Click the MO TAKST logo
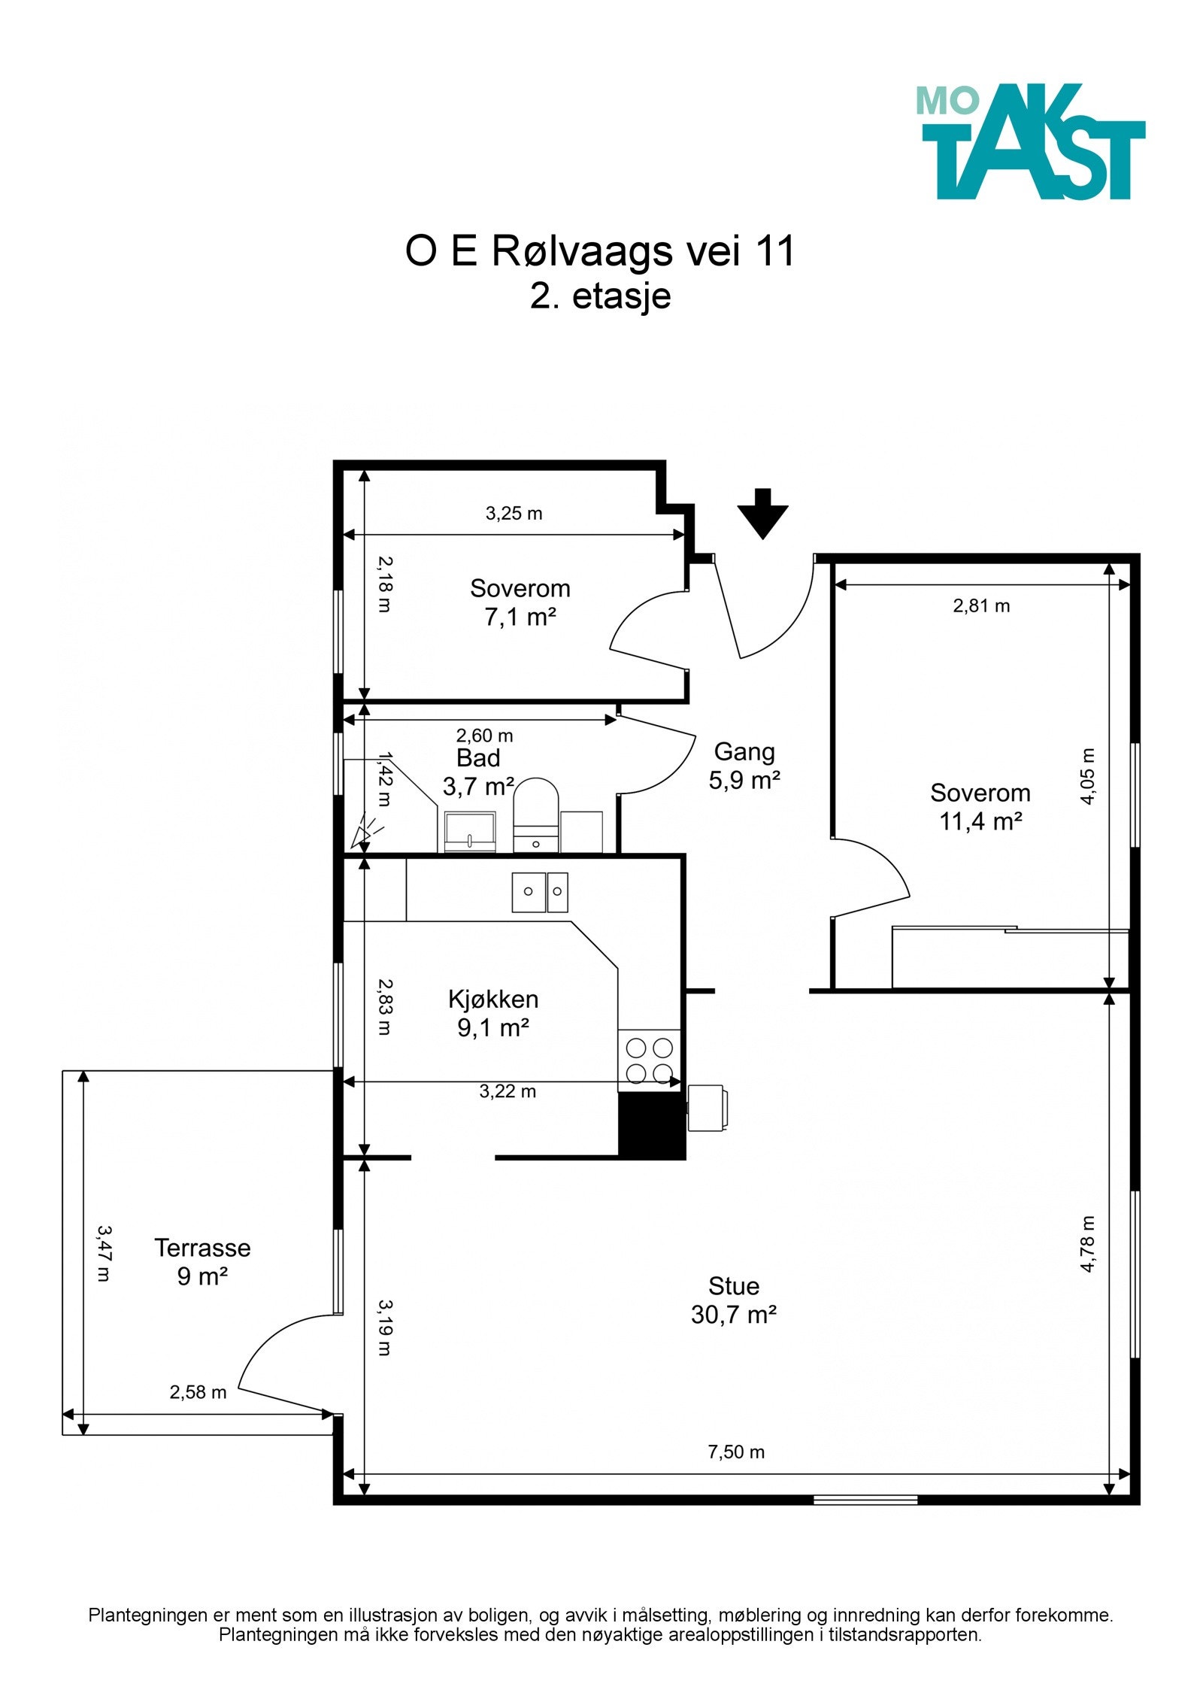[1030, 141]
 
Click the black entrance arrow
[762, 514]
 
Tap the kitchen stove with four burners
[650, 1060]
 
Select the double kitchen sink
[540, 892]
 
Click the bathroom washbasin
[470, 831]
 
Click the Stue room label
[734, 1285]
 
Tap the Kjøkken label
[493, 1000]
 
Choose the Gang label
[744, 751]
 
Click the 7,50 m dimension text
[736, 1452]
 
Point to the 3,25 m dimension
[514, 513]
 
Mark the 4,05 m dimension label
[1087, 776]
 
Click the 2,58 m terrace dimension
[198, 1392]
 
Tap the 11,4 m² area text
[980, 821]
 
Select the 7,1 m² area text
[520, 617]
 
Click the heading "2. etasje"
[600, 296]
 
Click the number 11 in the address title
[775, 251]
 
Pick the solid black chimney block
[652, 1125]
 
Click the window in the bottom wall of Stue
[865, 1500]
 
